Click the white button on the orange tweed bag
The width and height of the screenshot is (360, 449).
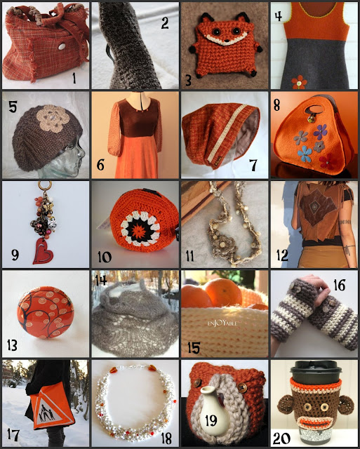(x=62, y=46)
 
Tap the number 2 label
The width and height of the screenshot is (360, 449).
(x=165, y=22)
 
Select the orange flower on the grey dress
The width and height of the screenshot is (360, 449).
(x=299, y=82)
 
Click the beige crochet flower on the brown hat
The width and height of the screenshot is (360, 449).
(x=53, y=119)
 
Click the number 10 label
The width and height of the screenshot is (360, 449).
(x=105, y=257)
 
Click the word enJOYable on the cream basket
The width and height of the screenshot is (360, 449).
(x=222, y=323)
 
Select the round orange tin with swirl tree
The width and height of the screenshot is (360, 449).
(x=46, y=312)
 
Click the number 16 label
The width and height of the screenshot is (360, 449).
(x=340, y=285)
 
